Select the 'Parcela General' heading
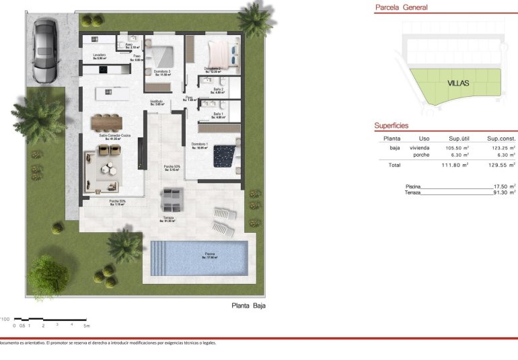pyautogui.click(x=401, y=7)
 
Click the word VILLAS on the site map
pyautogui.click(x=457, y=84)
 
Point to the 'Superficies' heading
pyautogui.click(x=392, y=126)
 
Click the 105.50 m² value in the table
pyautogui.click(x=458, y=147)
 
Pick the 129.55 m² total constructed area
pyautogui.click(x=503, y=165)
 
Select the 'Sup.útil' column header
pyautogui.click(x=459, y=138)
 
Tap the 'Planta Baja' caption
pyautogui.click(x=248, y=305)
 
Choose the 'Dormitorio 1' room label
pyautogui.click(x=199, y=145)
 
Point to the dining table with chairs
pyautogui.click(x=108, y=121)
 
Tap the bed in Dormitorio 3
pyautogui.click(x=161, y=55)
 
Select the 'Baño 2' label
pyautogui.click(x=218, y=89)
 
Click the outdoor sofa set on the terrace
pyautogui.click(x=172, y=199)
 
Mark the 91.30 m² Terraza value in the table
pyautogui.click(x=503, y=192)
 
